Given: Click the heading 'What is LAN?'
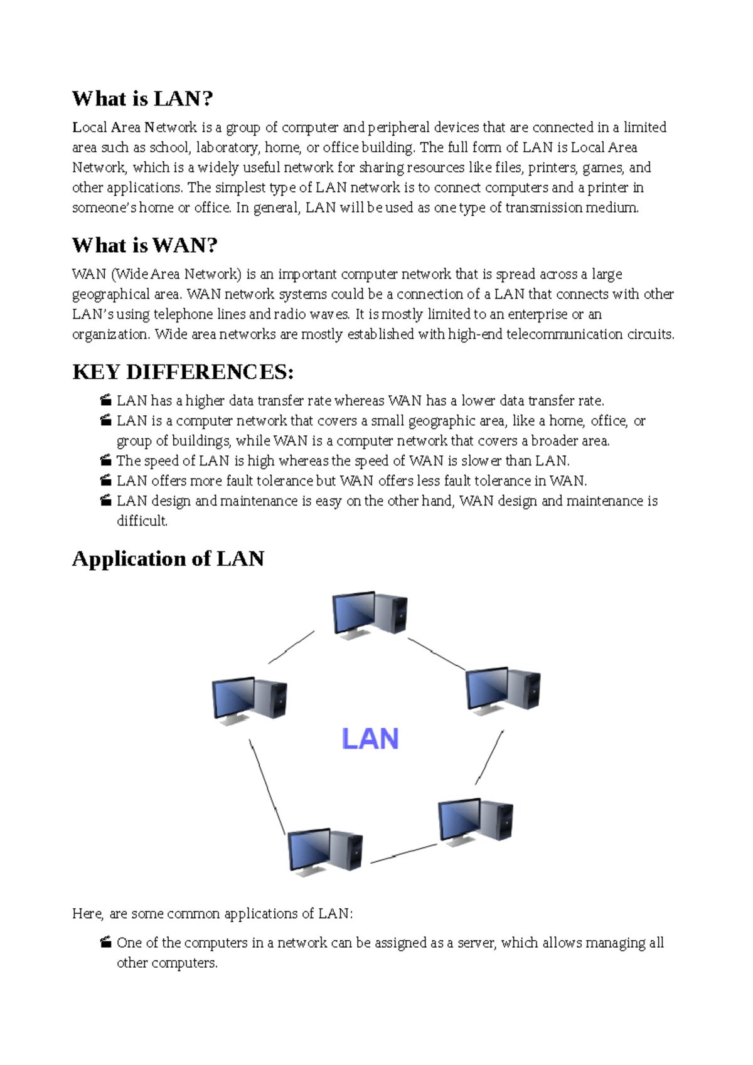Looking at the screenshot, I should pyautogui.click(x=142, y=98).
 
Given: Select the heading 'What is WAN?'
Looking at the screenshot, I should pyautogui.click(x=144, y=245).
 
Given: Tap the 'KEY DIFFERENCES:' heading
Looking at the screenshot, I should pyautogui.click(x=183, y=372).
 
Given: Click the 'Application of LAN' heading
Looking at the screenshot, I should pyautogui.click(x=168, y=558).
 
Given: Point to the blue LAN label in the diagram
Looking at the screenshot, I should pyautogui.click(x=370, y=739).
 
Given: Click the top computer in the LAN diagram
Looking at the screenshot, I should pyautogui.click(x=370, y=615).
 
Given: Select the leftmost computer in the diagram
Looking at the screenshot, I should pyautogui.click(x=250, y=701).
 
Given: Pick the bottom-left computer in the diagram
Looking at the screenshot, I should pyautogui.click(x=325, y=852).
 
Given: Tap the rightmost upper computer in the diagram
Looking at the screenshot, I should pyautogui.click(x=503, y=691).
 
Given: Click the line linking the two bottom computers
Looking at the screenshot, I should pyautogui.click(x=403, y=854).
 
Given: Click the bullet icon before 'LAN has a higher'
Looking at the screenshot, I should pyautogui.click(x=105, y=400).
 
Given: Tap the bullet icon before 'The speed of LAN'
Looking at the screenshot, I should pyautogui.click(x=105, y=460).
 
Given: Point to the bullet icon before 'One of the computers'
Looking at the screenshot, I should pyautogui.click(x=105, y=942).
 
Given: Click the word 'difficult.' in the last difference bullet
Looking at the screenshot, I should pyautogui.click(x=142, y=521).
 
